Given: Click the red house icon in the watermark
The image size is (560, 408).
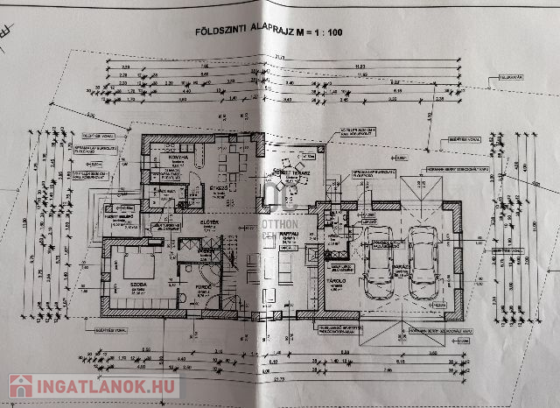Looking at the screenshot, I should tap(22, 386).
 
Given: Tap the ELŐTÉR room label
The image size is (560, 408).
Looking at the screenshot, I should tap(208, 222).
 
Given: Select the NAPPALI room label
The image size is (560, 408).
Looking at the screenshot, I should tap(290, 234).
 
